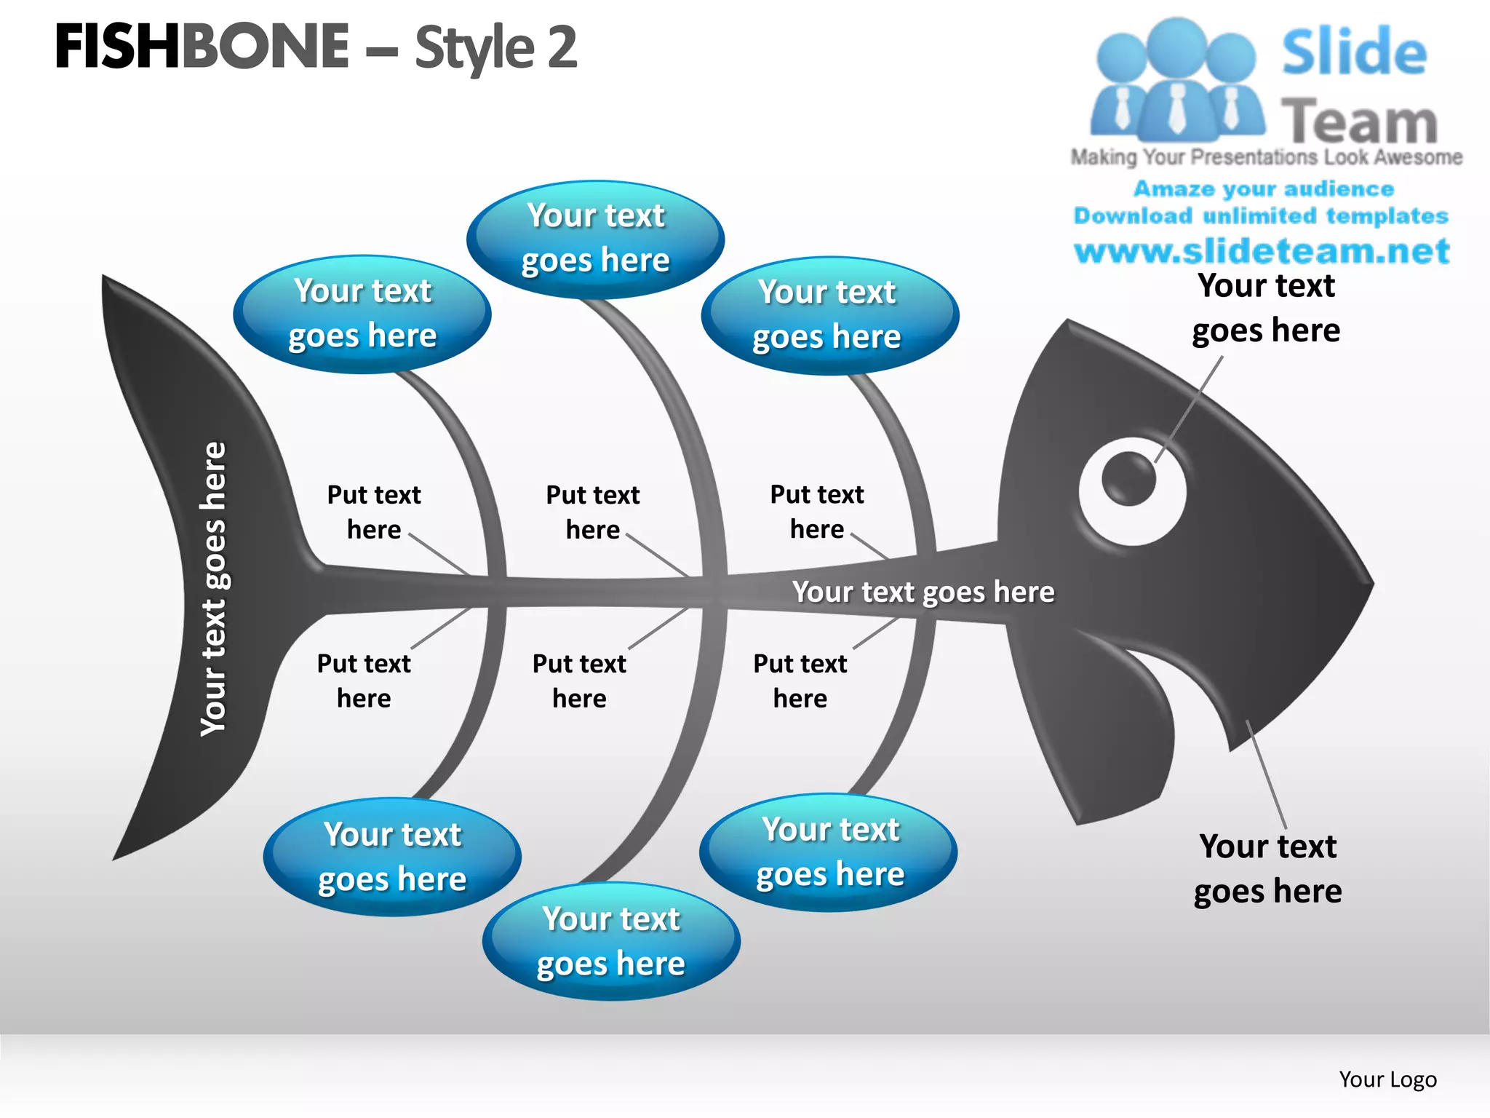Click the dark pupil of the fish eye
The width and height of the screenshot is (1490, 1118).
point(1128,478)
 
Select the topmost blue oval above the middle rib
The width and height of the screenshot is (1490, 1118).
point(595,239)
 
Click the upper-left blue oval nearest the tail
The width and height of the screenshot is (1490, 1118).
point(362,314)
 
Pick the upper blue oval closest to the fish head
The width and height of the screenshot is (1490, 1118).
point(829,315)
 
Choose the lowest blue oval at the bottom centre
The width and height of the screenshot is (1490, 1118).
point(611,941)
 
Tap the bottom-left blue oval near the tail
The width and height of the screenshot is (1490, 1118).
point(392,857)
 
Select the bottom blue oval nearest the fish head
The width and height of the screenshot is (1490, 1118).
point(829,852)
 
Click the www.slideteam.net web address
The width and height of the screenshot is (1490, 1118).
point(1262,251)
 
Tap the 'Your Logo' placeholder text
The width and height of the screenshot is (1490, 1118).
point(1387,1079)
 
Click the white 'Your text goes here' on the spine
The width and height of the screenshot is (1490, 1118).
point(923,592)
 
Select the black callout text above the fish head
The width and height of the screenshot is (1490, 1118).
point(1266,308)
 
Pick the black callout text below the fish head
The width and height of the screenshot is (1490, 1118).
point(1267,869)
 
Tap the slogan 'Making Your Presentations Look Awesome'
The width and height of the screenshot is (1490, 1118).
point(1266,157)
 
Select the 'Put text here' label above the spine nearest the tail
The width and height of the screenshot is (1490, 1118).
point(374,512)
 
